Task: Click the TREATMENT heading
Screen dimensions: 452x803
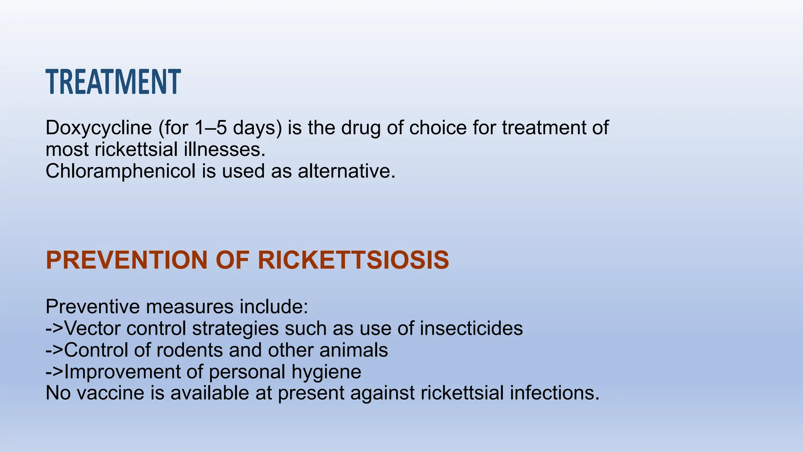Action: pyautogui.click(x=113, y=82)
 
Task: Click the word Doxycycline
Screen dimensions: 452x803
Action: pyautogui.click(x=98, y=128)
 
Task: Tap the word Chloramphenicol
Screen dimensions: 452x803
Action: pyautogui.click(x=120, y=171)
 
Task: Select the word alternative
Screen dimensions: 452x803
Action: pyautogui.click(x=346, y=171)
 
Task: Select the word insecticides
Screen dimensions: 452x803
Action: pyautogui.click(x=471, y=328)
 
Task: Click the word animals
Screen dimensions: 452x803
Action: pyautogui.click(x=354, y=350)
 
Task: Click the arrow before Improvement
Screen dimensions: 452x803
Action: pyautogui.click(x=55, y=372)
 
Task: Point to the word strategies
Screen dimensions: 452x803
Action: pyautogui.click(x=235, y=328)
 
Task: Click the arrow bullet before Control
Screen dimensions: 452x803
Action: pyautogui.click(x=55, y=350)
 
